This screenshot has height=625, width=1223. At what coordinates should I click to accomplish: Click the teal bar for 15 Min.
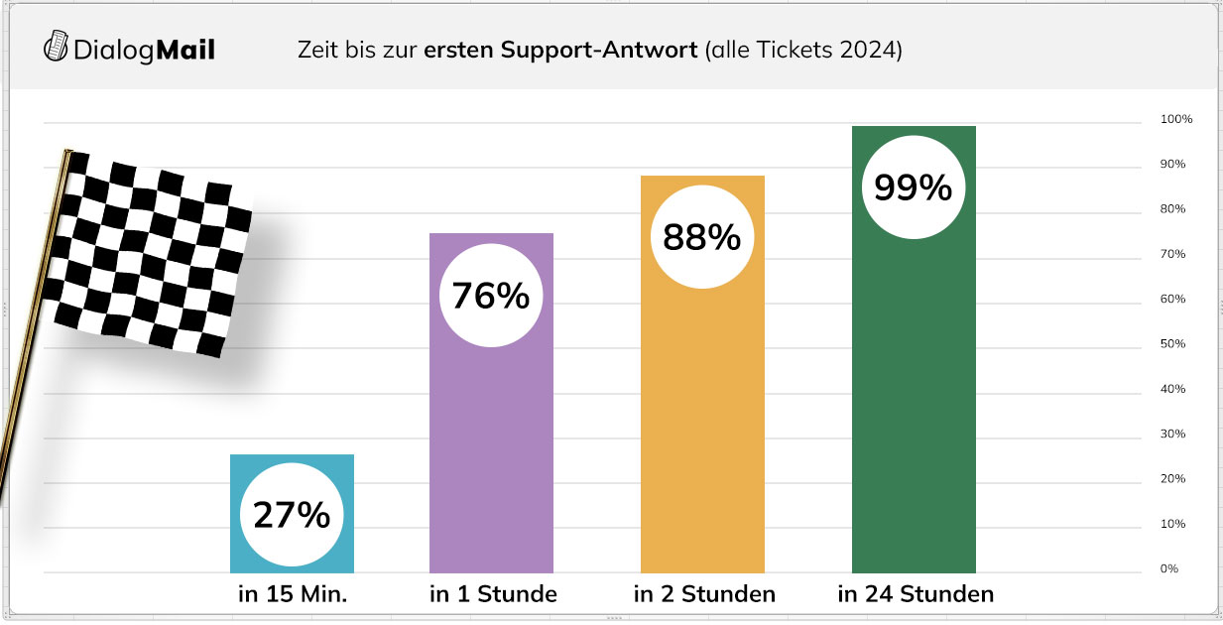[292, 471]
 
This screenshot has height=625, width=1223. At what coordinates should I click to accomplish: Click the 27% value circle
[292, 515]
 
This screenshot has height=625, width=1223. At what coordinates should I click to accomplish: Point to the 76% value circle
[491, 296]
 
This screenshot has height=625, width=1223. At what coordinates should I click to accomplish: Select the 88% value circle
[702, 237]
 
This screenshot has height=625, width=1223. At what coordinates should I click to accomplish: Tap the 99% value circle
[914, 187]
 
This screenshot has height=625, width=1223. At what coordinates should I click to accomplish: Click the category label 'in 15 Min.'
[293, 595]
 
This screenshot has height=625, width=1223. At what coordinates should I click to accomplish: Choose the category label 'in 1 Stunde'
[493, 595]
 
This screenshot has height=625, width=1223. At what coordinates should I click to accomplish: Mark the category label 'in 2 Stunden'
[704, 595]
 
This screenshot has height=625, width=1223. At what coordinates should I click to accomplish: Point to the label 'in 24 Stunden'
[916, 595]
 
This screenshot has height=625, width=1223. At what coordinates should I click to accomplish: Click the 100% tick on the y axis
[1176, 119]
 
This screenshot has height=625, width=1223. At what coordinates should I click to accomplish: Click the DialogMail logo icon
[58, 47]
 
